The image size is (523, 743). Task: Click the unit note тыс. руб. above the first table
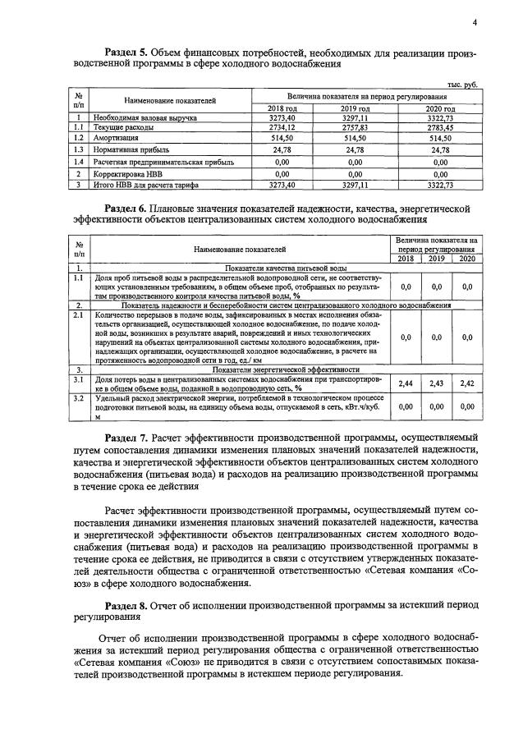pos(461,85)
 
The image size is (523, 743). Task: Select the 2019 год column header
pos(355,108)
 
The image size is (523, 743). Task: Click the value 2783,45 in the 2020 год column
pos(439,128)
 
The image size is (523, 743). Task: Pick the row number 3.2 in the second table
pos(80,397)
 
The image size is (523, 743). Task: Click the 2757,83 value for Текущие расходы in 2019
pos(355,128)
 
